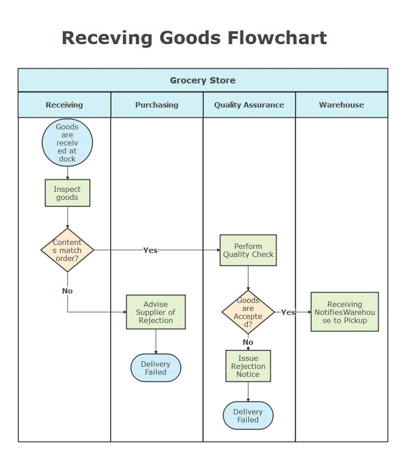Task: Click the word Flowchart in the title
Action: [x=277, y=38]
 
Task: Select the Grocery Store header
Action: [x=202, y=81]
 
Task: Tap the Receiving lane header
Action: [x=64, y=105]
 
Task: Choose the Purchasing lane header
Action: [x=157, y=105]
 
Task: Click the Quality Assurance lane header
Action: [x=249, y=105]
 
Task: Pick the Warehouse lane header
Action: [x=341, y=105]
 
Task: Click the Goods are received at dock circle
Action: [x=67, y=143]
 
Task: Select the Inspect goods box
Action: [x=67, y=193]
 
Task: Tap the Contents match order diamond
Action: [x=67, y=250]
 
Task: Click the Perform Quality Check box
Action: [x=248, y=250]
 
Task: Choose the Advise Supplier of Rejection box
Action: [x=156, y=312]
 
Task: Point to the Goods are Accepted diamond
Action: [x=248, y=312]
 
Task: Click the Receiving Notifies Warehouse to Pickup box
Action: [x=344, y=312]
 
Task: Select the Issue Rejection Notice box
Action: [x=248, y=366]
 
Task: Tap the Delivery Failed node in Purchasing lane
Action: [x=156, y=368]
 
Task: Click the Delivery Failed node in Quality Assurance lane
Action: [x=248, y=416]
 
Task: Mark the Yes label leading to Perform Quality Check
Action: [x=150, y=250]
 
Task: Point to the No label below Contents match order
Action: [x=67, y=291]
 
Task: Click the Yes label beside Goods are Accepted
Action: [x=288, y=312]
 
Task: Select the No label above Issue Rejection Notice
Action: [x=248, y=342]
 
